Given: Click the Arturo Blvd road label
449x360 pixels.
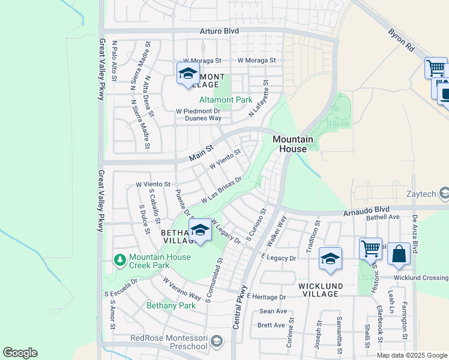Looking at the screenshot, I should point(219,31).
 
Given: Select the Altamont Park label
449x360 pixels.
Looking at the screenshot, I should point(226,100).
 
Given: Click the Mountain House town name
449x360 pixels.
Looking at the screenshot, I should point(293,144).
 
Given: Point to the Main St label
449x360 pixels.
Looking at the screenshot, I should point(200,152).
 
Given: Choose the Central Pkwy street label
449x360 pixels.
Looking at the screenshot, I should point(240,306).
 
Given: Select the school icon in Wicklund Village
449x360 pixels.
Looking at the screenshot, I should point(330,258).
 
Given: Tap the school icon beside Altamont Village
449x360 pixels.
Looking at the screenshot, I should point(188,74).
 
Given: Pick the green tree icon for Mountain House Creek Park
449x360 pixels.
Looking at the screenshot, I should point(120,260).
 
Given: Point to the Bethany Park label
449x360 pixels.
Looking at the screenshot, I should point(171,305).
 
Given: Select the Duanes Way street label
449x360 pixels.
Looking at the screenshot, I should point(202,118).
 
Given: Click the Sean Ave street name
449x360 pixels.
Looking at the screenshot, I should point(273,311).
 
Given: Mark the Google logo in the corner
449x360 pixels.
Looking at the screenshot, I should point(20,353).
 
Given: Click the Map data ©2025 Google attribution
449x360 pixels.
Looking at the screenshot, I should point(412,355).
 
